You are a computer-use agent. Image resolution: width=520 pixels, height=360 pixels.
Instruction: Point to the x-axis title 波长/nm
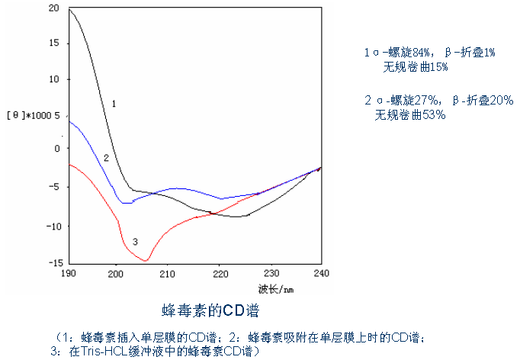coord(275,288)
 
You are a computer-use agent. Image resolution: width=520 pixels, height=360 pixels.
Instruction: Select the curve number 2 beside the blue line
coord(106,158)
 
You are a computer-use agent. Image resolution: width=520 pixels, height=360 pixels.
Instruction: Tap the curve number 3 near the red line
coord(134,242)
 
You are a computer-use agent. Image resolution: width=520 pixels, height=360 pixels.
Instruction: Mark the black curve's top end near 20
coord(69,9)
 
